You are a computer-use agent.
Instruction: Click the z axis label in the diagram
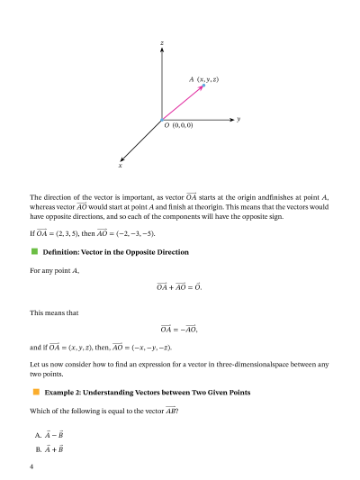161,42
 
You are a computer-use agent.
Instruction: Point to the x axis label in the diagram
120,166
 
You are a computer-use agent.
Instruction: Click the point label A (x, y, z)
204,80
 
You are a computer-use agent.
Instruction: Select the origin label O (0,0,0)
178,126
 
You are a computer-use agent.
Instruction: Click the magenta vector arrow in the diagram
184,102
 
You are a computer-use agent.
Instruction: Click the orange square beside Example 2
36,392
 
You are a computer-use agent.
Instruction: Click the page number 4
31,466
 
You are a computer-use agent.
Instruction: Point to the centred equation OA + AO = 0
179,287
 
